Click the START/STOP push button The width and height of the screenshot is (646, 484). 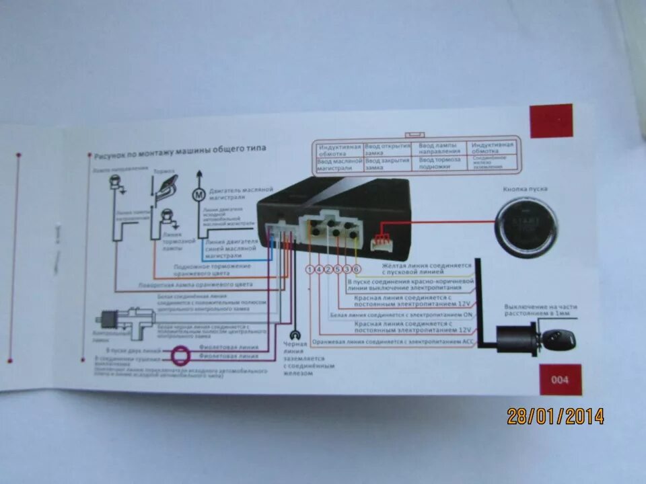click(x=526, y=229)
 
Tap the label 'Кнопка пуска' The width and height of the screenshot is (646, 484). click(x=525, y=189)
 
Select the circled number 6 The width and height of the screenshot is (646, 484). click(x=356, y=269)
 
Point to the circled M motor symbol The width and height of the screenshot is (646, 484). click(x=199, y=195)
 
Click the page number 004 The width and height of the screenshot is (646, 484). click(x=560, y=380)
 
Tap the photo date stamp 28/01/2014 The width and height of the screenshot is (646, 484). click(x=555, y=416)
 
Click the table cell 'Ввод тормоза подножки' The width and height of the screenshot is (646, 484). click(x=440, y=163)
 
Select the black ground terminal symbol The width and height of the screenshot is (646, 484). click(x=293, y=335)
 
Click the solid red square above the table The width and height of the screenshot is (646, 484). click(x=551, y=120)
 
